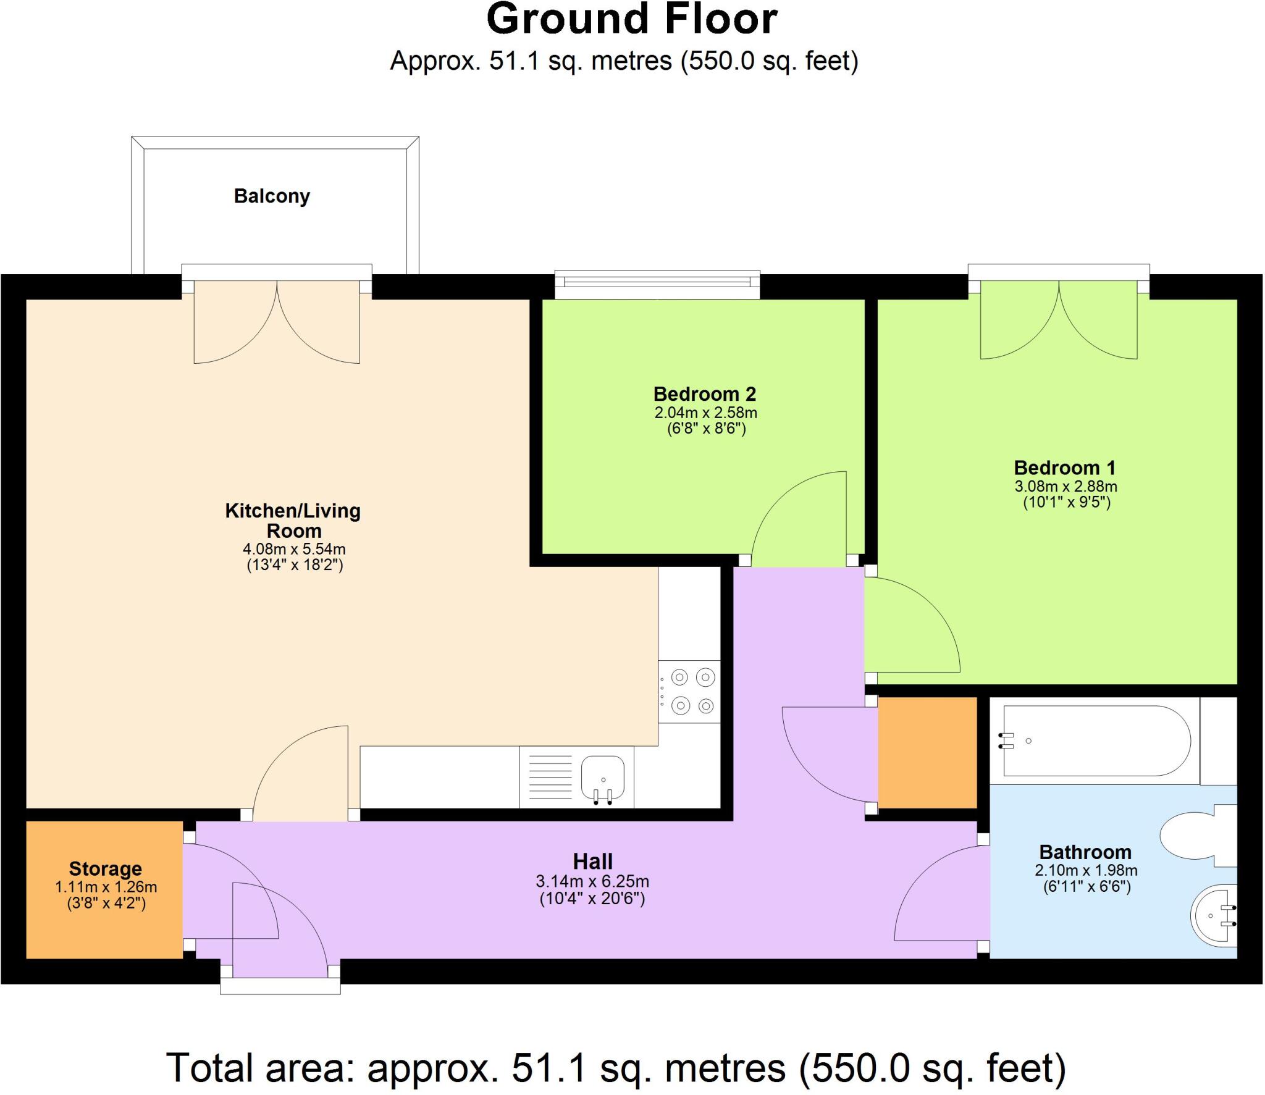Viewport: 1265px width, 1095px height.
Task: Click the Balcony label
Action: click(x=272, y=196)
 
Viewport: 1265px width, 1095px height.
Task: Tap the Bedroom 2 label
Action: click(x=705, y=393)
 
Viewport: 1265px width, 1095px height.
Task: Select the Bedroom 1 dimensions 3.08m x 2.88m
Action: click(x=1065, y=486)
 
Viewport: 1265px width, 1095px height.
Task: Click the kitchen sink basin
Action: click(x=602, y=776)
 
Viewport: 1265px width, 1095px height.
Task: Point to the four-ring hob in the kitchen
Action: click(x=692, y=692)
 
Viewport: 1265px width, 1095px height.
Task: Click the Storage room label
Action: click(x=106, y=868)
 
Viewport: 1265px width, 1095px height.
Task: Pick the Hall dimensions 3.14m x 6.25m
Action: click(x=592, y=881)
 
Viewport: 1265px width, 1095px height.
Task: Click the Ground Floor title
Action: click(x=631, y=20)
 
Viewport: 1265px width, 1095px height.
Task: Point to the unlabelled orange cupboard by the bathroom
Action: click(x=927, y=752)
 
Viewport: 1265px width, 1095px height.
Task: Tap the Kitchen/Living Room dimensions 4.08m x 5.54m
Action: click(x=294, y=548)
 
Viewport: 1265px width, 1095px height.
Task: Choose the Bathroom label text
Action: click(x=1085, y=852)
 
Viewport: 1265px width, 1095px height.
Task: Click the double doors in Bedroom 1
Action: click(x=1059, y=321)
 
